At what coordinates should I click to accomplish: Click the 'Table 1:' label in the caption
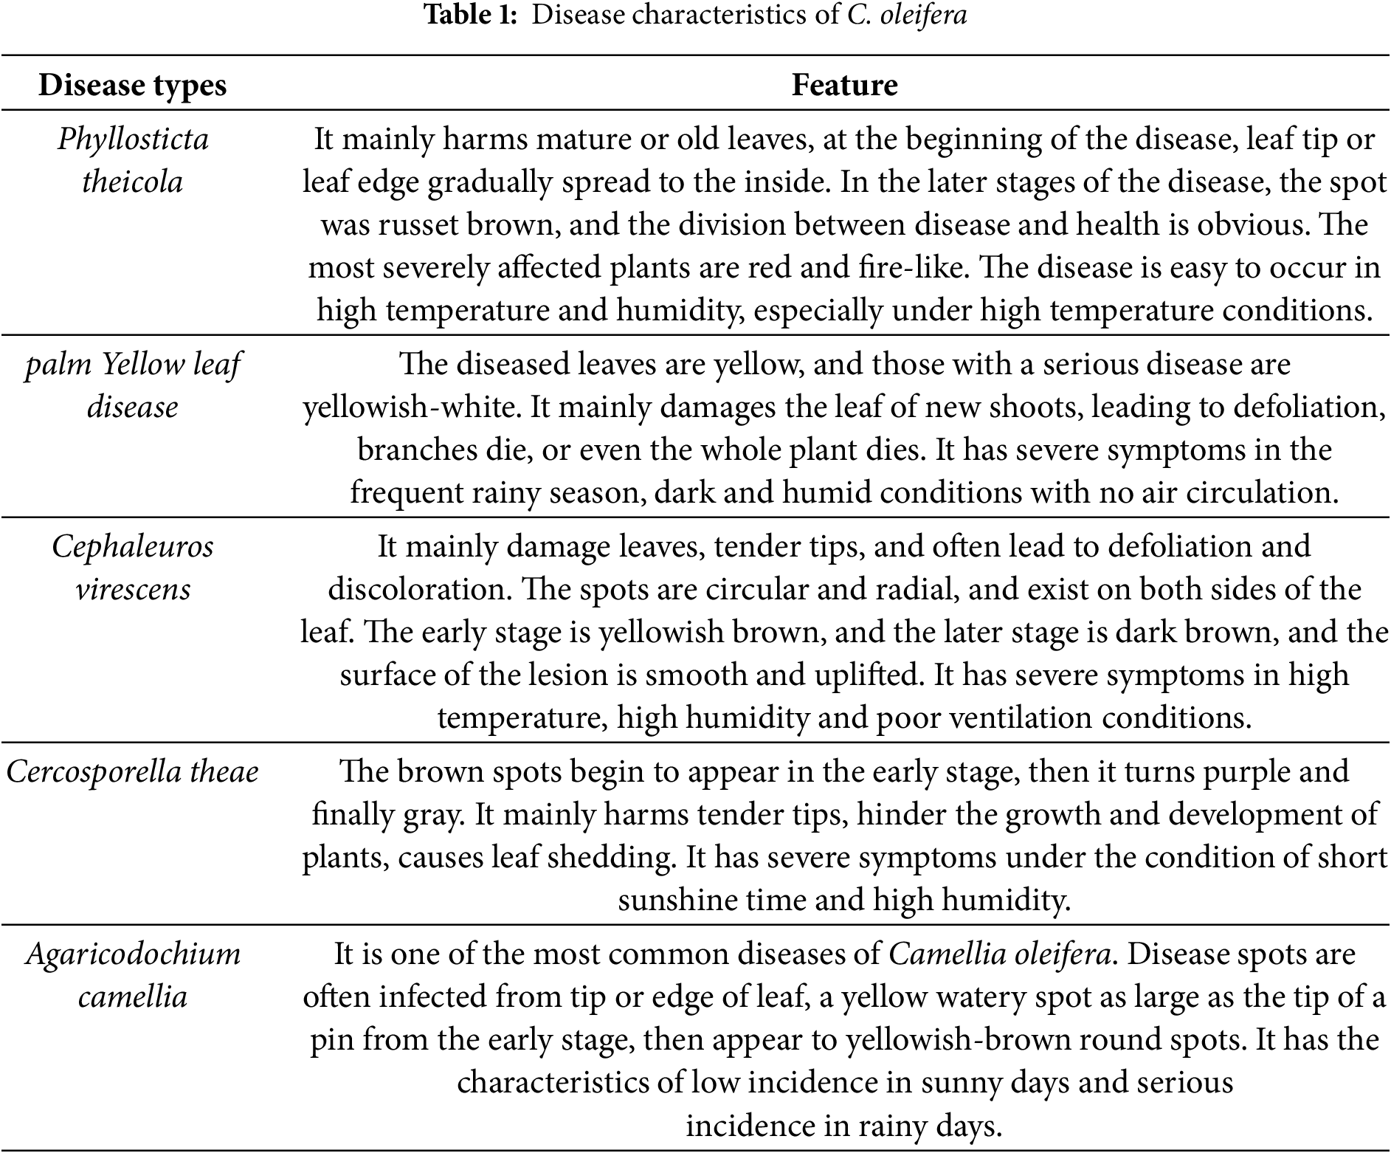coord(471,15)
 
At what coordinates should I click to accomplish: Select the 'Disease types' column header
coord(132,86)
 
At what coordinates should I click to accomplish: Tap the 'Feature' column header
coord(844,86)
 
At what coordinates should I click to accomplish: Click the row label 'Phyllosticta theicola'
coord(133,160)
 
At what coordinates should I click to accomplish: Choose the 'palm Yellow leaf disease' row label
coord(133,385)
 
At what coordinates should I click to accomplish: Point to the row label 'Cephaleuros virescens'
coord(133,568)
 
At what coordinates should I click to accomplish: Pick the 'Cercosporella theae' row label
coord(133,772)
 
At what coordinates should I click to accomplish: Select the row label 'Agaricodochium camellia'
coord(133,975)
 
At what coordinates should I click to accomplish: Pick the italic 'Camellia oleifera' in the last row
coord(999,954)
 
